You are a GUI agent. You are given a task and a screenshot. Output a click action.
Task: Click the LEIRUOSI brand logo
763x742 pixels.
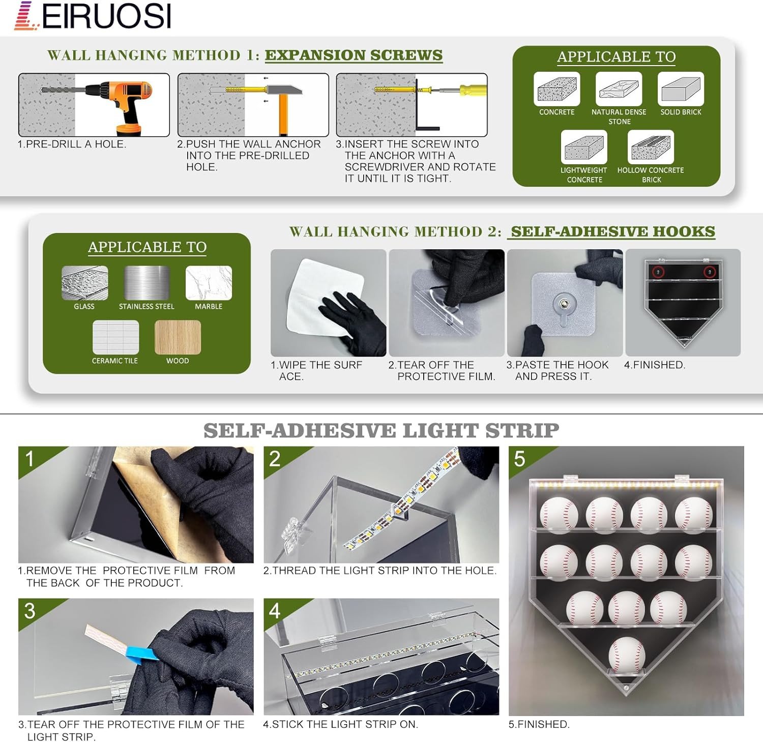click(93, 16)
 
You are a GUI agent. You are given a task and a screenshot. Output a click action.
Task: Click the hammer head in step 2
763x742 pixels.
click(283, 90)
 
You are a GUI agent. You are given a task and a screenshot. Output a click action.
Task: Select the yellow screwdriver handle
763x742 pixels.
click(473, 91)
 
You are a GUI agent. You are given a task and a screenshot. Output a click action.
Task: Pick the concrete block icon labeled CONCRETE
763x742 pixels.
click(557, 89)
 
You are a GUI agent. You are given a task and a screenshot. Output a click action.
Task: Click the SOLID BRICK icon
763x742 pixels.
click(681, 89)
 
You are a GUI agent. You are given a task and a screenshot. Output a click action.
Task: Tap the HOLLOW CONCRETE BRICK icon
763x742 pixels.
click(651, 147)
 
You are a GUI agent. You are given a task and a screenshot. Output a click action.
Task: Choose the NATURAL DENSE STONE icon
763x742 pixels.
click(619, 89)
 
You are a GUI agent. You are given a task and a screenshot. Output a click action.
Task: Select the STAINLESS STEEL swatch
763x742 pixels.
click(146, 283)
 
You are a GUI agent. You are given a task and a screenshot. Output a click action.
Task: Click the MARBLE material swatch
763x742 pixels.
click(209, 283)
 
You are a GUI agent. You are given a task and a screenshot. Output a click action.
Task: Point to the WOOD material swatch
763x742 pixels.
click(178, 337)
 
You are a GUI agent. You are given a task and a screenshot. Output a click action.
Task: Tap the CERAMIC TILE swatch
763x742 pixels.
click(115, 337)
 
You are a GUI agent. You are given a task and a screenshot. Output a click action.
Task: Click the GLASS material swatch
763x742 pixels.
click(84, 283)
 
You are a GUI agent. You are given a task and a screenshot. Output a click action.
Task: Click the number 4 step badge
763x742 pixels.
click(275, 611)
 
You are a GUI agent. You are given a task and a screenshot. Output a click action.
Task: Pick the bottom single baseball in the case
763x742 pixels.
click(627, 656)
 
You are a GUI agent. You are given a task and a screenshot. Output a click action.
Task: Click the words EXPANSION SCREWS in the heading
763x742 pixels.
click(354, 55)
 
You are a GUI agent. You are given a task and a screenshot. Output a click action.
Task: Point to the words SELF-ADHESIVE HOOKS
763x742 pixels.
click(613, 231)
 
